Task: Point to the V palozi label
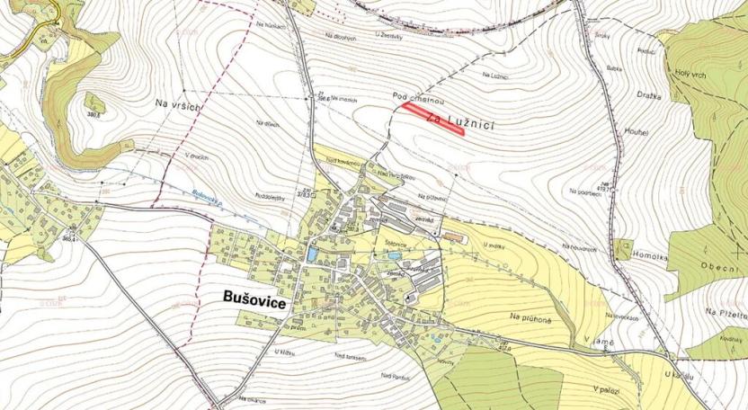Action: [608, 388]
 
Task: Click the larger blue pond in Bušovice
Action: [311, 254]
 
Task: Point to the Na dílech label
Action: [265, 123]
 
